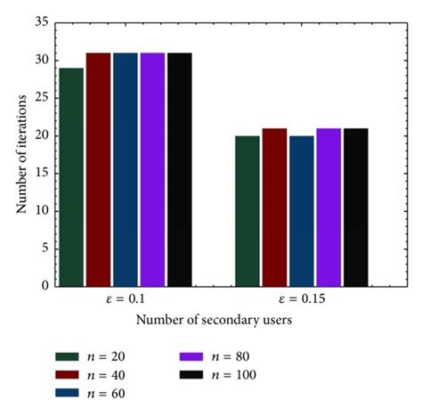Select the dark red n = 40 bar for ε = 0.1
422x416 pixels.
tap(98, 169)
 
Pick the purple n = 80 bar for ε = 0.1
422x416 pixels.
tap(152, 169)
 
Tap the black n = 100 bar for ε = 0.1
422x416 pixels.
tap(179, 169)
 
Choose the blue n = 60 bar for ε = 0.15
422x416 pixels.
tap(302, 210)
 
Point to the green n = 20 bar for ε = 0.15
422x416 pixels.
tap(248, 210)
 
